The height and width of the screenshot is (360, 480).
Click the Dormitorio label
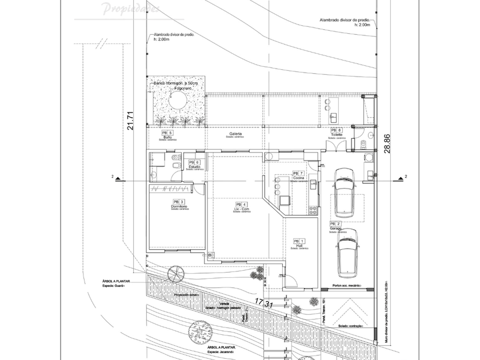pos(179,206)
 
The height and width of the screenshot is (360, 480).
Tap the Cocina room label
pos(298,178)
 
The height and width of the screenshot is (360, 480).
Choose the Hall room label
pos(299,245)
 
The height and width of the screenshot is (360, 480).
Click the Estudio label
pos(194,166)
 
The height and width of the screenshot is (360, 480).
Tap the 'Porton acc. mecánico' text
pos(347,285)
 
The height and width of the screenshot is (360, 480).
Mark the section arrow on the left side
pos(118,178)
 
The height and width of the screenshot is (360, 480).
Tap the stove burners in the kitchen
pos(312,210)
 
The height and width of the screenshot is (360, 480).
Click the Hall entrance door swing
pos(291,280)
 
